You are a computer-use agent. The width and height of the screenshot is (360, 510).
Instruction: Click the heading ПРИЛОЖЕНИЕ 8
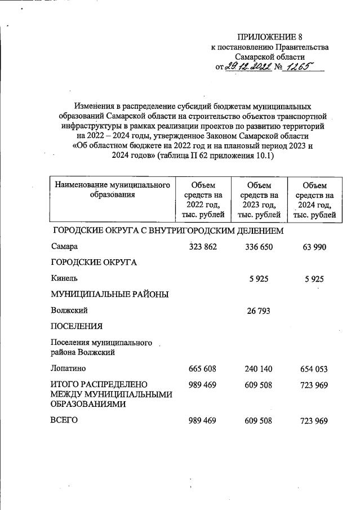(x=270, y=38)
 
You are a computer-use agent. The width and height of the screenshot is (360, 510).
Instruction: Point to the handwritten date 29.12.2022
(x=248, y=67)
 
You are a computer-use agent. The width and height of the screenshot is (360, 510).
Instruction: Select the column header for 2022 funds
(x=203, y=199)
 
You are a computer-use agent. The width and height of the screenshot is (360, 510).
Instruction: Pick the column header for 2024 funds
(x=314, y=199)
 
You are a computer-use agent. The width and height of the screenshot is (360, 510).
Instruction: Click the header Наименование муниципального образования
(x=112, y=190)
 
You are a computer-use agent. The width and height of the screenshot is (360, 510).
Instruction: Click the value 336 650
(x=259, y=247)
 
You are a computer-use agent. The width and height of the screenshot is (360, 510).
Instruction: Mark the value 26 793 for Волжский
(x=259, y=310)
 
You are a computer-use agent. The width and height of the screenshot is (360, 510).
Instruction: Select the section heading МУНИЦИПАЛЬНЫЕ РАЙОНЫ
(x=109, y=294)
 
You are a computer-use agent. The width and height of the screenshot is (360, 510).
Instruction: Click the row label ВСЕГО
(x=64, y=420)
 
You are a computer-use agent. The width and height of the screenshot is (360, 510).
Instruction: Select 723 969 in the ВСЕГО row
(x=314, y=420)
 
